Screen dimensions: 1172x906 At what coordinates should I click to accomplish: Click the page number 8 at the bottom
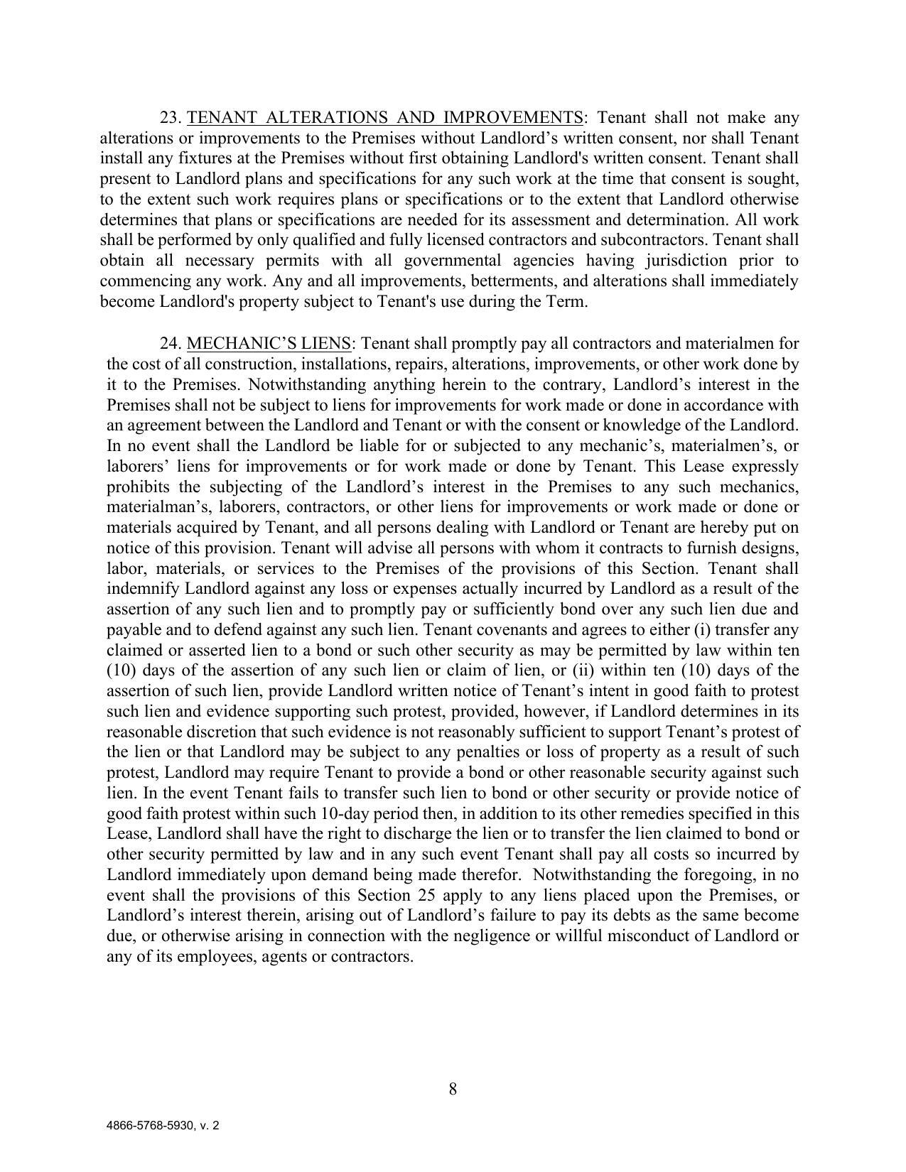point(453,1089)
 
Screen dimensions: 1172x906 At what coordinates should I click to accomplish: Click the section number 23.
point(171,117)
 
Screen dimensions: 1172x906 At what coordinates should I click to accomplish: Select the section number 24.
point(171,344)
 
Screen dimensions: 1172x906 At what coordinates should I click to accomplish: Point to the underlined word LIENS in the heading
point(329,344)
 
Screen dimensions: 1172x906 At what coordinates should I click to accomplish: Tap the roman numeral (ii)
point(584,671)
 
